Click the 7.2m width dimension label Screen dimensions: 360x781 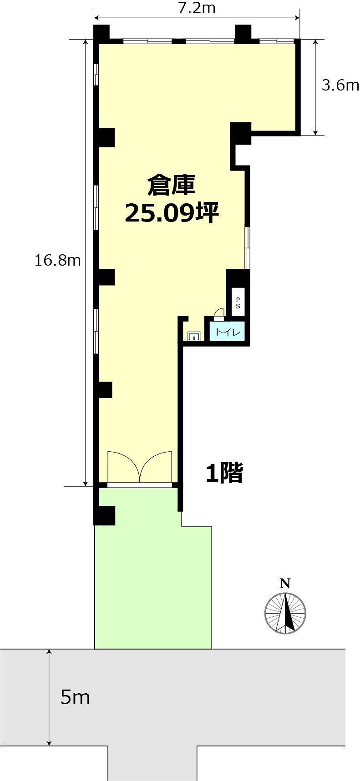[197, 8]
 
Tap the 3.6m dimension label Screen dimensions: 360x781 [340, 85]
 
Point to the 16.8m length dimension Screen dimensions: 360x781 [58, 260]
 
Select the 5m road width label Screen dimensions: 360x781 [75, 697]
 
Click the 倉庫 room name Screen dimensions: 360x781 [171, 185]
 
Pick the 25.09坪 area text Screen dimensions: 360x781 [172, 212]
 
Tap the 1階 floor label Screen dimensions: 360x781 [224, 473]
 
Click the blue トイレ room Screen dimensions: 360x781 [227, 332]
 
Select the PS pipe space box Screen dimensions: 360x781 [238, 302]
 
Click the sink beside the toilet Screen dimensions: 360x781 [194, 337]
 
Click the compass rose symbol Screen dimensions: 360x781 [285, 613]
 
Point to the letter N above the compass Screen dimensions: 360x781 [285, 584]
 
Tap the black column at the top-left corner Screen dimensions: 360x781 [101, 33]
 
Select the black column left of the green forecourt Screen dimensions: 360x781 [104, 515]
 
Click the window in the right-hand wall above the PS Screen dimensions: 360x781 [247, 248]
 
